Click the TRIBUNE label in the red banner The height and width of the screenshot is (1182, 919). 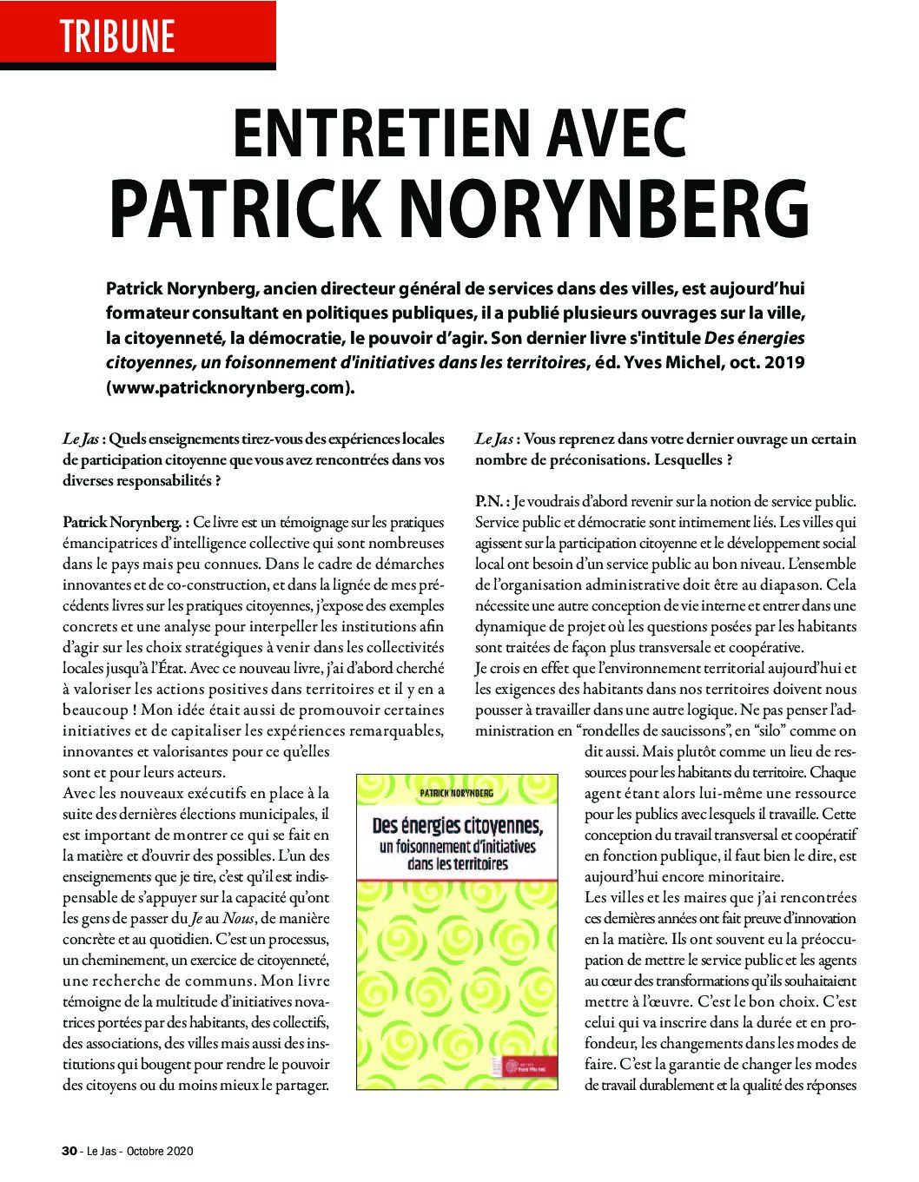(x=117, y=36)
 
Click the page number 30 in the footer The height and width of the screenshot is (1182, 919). (x=69, y=1152)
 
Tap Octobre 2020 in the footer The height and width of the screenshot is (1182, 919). (x=161, y=1152)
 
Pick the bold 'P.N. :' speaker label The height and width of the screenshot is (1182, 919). (x=493, y=502)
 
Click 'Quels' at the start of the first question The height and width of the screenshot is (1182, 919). (x=133, y=439)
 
